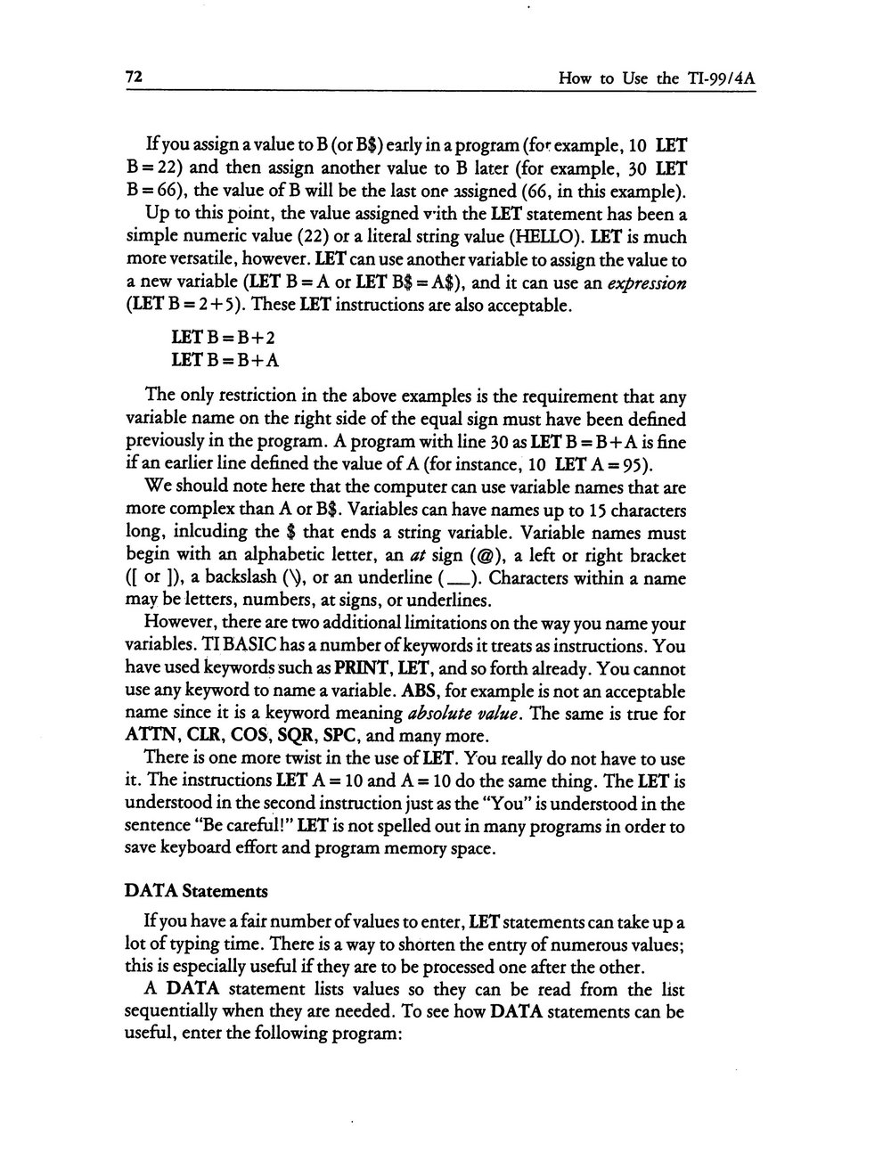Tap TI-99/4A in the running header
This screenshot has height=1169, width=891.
pyautogui.click(x=721, y=78)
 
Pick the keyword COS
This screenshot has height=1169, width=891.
pyautogui.click(x=248, y=737)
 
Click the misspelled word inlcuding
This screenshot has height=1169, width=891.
pyautogui.click(x=217, y=534)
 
